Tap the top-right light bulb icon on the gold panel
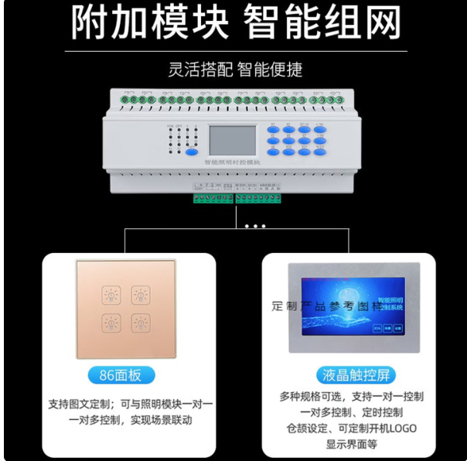[140, 295]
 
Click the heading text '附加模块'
[150, 23]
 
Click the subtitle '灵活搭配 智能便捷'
[235, 70]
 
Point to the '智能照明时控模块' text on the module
[233, 163]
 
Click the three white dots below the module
[252, 226]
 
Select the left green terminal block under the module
[213, 199]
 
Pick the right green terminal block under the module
[258, 199]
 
